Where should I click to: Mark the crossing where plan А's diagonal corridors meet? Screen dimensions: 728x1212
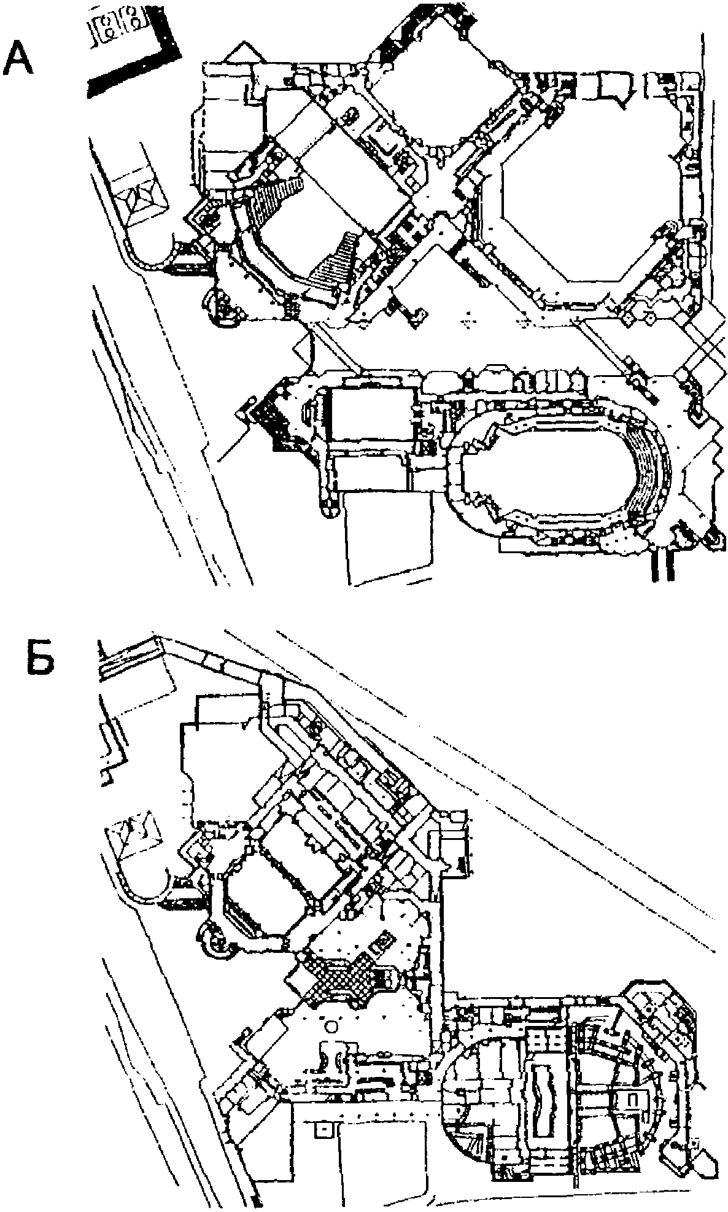437,198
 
